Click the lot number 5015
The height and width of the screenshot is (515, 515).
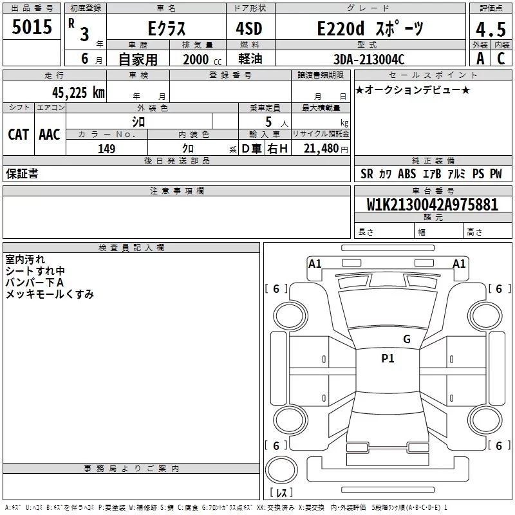pyautogui.click(x=32, y=27)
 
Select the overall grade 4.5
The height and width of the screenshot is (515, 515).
pyautogui.click(x=491, y=29)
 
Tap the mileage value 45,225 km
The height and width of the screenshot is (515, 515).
pyautogui.click(x=78, y=92)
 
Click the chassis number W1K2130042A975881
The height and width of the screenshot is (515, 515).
pyautogui.click(x=432, y=205)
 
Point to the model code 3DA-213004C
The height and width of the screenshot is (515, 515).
pyautogui.click(x=369, y=59)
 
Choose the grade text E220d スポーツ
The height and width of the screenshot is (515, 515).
pyautogui.click(x=370, y=28)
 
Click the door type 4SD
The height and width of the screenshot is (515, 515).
pyautogui.click(x=249, y=28)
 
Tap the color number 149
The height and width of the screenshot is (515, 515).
pyautogui.click(x=106, y=149)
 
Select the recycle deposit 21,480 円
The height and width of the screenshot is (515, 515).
pyautogui.click(x=326, y=149)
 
